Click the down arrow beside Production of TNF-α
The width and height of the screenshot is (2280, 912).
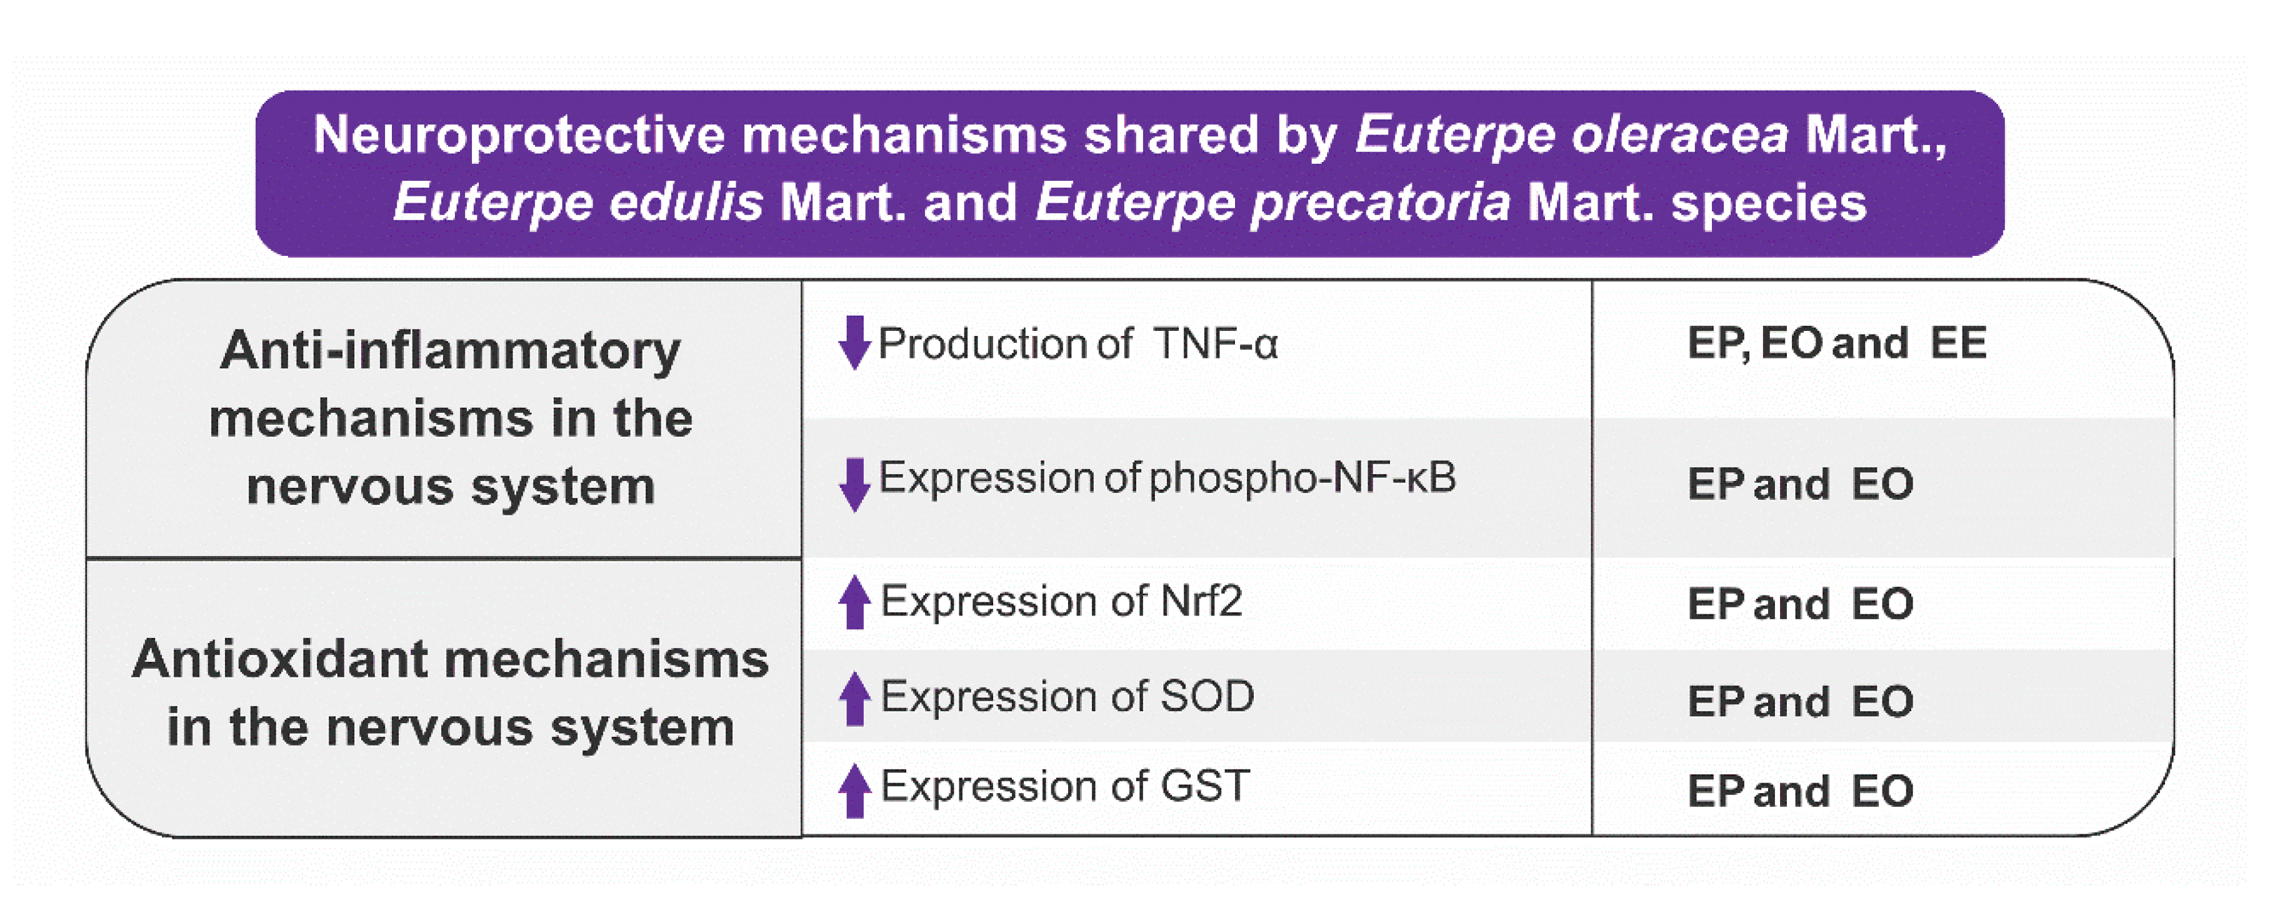point(854,343)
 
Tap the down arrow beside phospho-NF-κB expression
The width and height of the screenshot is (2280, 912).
point(854,484)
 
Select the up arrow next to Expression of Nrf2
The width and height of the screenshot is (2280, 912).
point(854,602)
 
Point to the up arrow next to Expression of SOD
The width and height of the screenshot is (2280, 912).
point(854,699)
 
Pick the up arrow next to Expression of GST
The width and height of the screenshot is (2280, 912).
point(854,790)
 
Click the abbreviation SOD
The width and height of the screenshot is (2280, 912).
point(1207,696)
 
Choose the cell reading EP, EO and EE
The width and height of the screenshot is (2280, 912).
point(1837,343)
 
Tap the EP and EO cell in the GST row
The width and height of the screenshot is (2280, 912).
point(1800,791)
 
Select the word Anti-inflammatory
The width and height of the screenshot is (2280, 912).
point(451,351)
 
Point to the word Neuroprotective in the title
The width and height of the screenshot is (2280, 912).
point(519,136)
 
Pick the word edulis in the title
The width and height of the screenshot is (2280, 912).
point(686,203)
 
